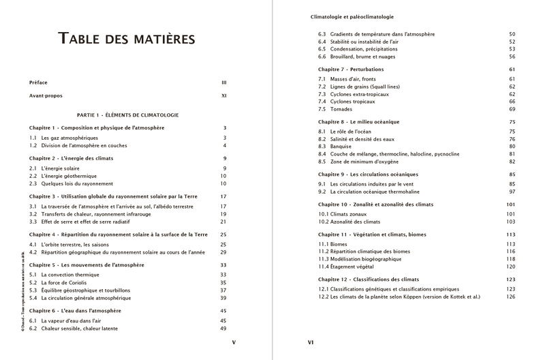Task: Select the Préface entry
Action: (x=38, y=82)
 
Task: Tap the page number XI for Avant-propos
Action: (x=224, y=96)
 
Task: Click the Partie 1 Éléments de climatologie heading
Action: (x=128, y=114)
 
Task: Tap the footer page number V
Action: (x=234, y=342)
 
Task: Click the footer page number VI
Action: (x=311, y=342)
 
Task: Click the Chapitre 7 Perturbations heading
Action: (x=356, y=70)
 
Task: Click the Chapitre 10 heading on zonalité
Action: (x=374, y=205)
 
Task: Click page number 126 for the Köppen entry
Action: (x=511, y=297)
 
